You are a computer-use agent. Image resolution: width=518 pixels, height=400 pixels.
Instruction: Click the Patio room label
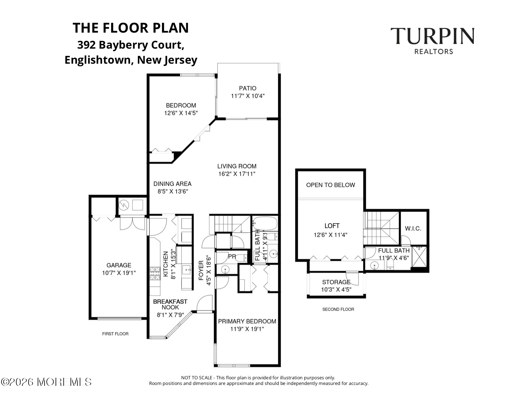247,88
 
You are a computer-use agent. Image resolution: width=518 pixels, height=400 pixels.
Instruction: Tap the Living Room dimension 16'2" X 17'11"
237,174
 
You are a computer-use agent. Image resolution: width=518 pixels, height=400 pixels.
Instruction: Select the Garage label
119,265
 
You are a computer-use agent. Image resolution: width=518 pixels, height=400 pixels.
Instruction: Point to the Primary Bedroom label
247,321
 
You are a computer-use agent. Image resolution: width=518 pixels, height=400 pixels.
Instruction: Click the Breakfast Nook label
170,304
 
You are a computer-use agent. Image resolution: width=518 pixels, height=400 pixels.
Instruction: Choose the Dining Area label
172,184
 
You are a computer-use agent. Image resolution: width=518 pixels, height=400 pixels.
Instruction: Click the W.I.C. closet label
413,228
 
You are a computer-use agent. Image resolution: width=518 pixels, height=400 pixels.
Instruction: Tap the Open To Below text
330,185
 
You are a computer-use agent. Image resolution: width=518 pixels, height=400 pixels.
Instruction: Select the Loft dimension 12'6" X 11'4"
330,235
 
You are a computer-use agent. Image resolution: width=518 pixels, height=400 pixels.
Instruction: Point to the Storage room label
336,282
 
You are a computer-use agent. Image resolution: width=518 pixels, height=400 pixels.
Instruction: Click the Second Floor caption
338,309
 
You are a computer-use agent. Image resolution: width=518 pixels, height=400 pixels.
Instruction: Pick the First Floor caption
115,334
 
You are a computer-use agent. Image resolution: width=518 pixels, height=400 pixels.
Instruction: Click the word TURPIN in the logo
432,36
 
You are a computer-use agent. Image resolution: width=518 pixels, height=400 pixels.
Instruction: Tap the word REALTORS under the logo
434,51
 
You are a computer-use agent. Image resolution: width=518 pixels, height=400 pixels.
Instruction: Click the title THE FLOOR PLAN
131,28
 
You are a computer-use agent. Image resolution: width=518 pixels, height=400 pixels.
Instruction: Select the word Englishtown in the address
97,60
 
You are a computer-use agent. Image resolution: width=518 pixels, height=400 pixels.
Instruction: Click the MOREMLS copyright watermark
46,382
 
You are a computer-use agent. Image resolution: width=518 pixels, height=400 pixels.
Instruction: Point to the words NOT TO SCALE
197,378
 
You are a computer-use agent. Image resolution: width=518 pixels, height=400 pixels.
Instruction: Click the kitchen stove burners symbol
155,274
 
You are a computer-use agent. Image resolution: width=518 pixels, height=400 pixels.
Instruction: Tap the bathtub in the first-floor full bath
265,223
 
